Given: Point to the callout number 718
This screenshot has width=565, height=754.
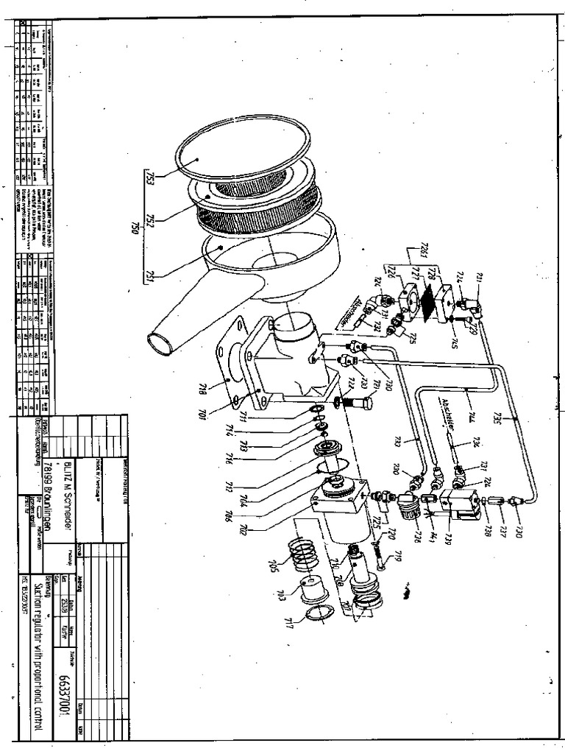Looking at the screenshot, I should point(200,387).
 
